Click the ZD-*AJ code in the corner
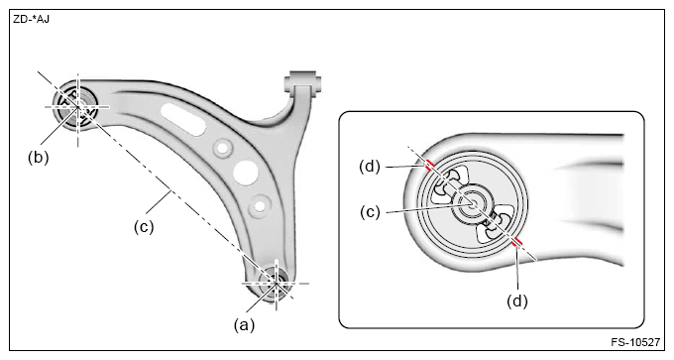point(31,20)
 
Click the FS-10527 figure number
point(635,342)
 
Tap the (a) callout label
point(244,324)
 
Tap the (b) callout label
point(39,158)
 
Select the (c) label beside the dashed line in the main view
point(144,227)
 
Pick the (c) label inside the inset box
point(370,212)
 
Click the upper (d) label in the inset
point(370,167)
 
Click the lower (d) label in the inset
point(517,301)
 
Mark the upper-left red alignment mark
point(428,166)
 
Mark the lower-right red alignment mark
point(517,243)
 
